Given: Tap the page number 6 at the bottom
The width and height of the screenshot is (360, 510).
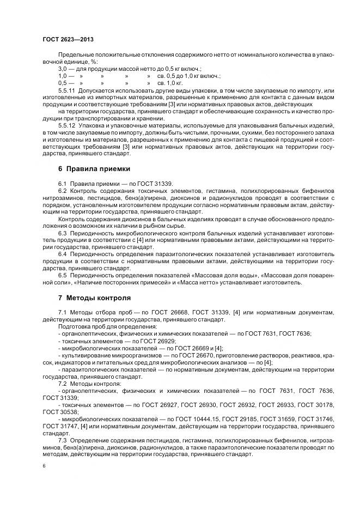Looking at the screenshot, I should coord(44,466).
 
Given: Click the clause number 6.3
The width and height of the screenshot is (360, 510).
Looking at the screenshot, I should coord(63,232).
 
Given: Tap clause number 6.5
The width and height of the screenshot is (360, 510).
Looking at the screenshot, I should coord(63,275).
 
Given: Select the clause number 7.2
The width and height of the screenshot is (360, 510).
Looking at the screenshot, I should coord(63,384).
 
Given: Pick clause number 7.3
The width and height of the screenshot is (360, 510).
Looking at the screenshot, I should coord(63,440).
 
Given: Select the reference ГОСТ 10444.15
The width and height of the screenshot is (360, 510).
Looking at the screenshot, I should coord(190,418).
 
